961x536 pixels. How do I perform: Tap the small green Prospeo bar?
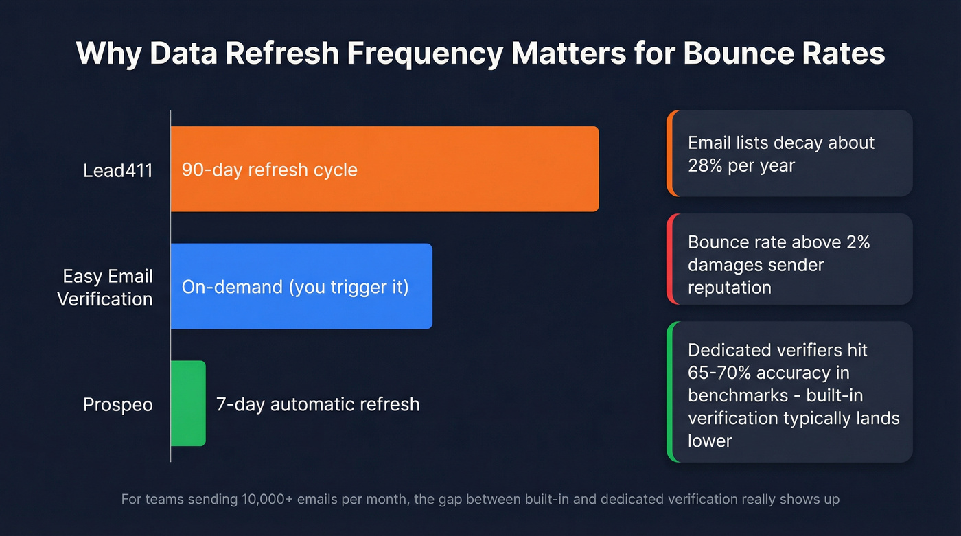188,404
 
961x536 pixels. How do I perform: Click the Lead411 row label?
117,170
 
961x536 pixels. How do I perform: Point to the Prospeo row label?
117,404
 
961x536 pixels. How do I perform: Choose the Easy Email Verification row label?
105,288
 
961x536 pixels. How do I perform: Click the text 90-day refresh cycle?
269,170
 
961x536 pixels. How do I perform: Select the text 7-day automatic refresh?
318,404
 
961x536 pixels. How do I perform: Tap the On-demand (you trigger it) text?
295,286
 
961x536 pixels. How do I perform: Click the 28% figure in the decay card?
704,165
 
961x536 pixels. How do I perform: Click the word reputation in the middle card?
729,287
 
